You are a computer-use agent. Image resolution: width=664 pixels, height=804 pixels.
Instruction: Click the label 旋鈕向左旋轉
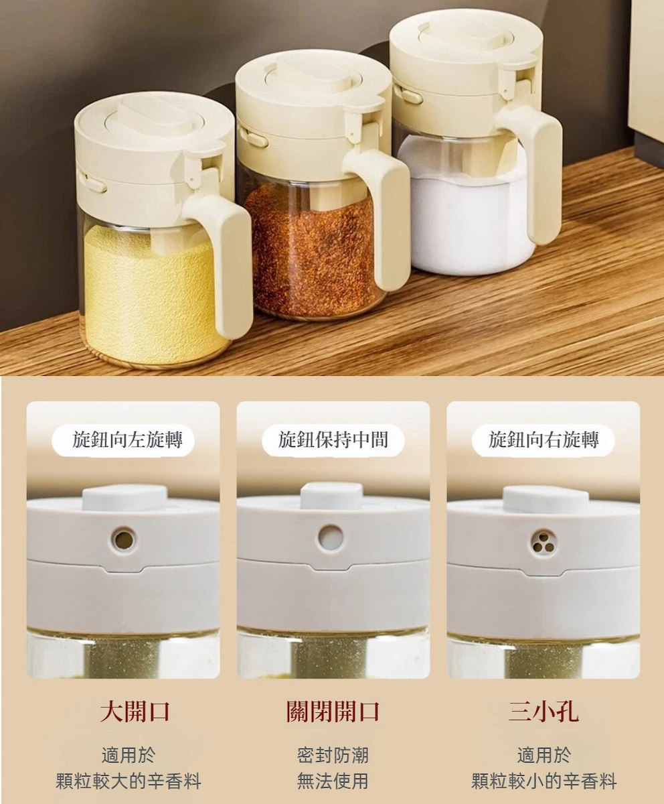click(x=127, y=440)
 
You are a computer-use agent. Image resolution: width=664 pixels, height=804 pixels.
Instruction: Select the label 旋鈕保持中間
click(x=333, y=440)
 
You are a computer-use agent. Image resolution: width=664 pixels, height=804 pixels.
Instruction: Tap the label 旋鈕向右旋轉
click(x=544, y=440)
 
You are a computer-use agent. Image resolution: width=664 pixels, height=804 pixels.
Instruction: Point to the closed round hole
click(x=331, y=537)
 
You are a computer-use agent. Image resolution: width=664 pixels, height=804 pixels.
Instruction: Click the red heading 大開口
click(x=135, y=712)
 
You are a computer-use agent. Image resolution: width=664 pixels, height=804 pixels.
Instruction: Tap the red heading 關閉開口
click(x=333, y=712)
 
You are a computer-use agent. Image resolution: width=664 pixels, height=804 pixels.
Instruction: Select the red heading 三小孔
click(x=544, y=712)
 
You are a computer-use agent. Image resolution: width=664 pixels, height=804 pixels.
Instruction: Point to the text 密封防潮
click(x=333, y=755)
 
